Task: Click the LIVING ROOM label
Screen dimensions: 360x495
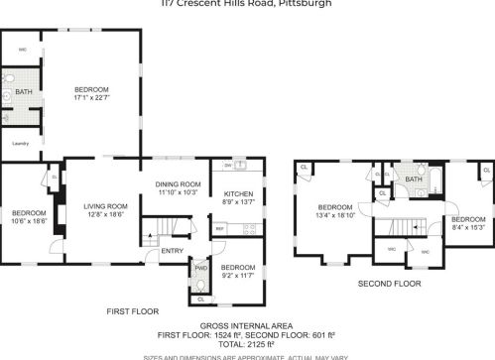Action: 106,206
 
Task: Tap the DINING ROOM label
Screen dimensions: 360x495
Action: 180,184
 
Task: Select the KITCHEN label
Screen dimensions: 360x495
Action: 239,194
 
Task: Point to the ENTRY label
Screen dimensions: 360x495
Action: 173,251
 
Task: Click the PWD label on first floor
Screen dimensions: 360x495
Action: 200,267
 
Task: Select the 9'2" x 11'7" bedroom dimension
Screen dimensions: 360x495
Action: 238,276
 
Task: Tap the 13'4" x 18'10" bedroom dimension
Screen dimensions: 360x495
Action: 334,214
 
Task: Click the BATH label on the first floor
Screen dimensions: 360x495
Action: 21,92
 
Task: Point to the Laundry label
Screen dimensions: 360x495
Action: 20,143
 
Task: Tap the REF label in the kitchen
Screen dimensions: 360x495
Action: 220,228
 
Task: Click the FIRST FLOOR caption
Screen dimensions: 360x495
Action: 132,311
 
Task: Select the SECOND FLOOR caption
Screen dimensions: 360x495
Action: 389,284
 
